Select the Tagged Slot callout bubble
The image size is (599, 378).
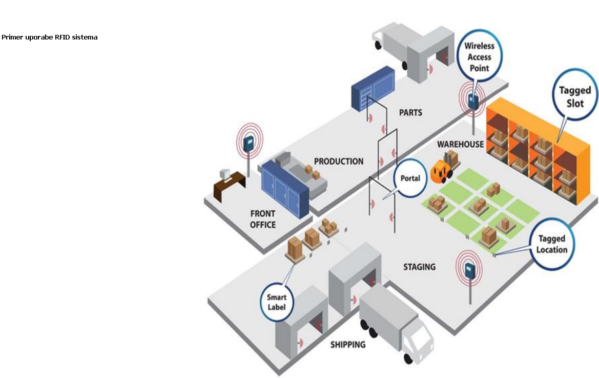574,96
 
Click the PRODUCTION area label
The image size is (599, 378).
338,161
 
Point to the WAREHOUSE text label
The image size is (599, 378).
460,144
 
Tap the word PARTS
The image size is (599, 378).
410,112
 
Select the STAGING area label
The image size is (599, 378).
419,267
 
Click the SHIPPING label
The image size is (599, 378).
348,344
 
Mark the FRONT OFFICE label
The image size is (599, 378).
263,219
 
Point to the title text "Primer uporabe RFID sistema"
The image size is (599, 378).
49,37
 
